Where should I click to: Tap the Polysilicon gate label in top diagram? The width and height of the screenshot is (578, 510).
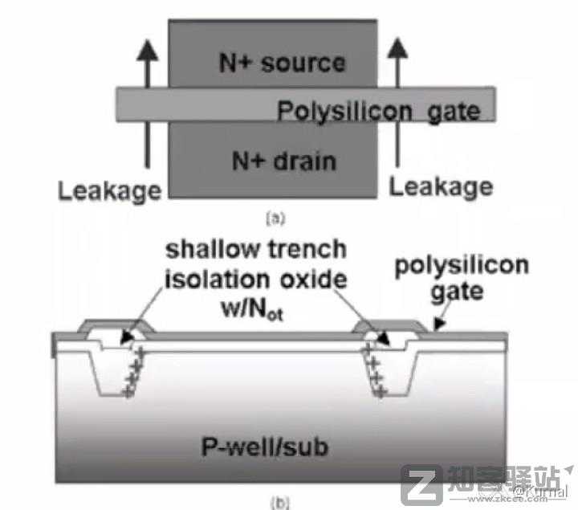pos(378,111)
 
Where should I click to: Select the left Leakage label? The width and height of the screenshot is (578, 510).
pos(109,191)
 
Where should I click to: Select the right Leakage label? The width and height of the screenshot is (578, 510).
pos(441,187)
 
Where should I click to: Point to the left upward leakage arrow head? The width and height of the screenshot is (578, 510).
pos(145,50)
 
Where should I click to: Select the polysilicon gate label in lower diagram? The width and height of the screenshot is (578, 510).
pos(461,278)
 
